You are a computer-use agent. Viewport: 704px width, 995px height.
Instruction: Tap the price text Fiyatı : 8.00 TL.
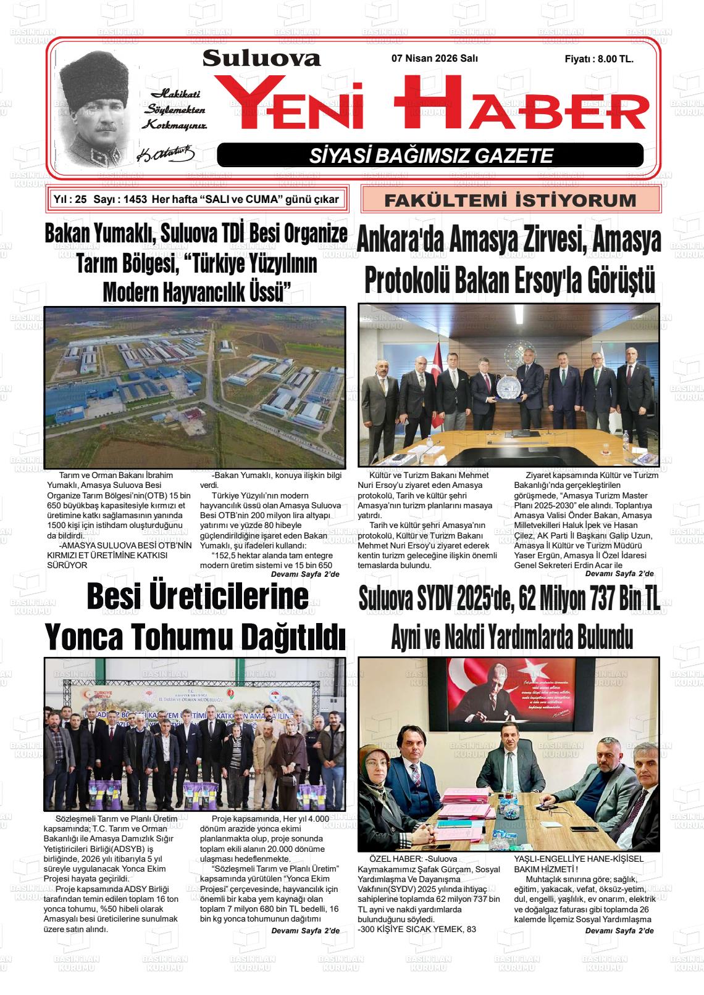599,59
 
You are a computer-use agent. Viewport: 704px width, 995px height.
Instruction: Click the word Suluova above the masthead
261,58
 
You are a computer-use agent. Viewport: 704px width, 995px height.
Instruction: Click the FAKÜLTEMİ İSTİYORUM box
510,200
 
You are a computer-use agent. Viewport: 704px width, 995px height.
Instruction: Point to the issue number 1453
135,199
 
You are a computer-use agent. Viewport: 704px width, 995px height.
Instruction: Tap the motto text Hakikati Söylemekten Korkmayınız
175,109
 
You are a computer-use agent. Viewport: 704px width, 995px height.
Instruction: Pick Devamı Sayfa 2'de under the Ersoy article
619,574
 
